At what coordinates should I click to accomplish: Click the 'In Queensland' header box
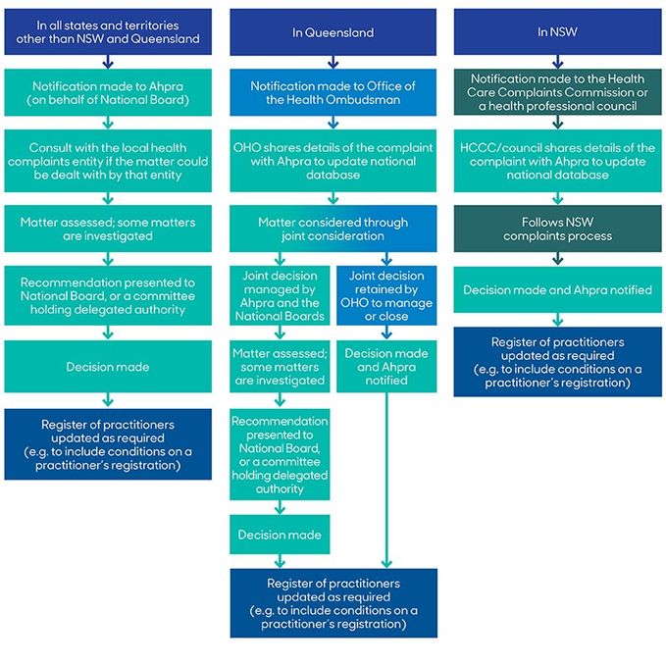pos(333,32)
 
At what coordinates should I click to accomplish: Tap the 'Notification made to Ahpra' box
pos(107,93)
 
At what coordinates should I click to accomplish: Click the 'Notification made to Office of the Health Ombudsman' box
pos(333,93)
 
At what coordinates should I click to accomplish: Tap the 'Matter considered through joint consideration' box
pos(333,230)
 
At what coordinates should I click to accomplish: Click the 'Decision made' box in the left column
pos(107,367)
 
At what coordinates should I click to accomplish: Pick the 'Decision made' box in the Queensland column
pos(280,536)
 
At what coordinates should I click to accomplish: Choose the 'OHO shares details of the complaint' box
pos(333,161)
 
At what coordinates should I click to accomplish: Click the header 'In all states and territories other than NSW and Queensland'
pos(107,32)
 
